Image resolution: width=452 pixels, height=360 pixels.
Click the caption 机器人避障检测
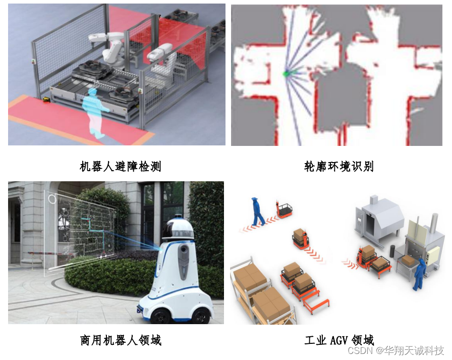click(120, 167)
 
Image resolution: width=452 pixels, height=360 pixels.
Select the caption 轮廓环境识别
click(338, 167)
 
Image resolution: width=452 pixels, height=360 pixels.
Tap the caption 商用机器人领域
click(121, 340)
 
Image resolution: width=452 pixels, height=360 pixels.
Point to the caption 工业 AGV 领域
click(339, 340)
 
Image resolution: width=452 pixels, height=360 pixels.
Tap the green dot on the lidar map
click(286, 74)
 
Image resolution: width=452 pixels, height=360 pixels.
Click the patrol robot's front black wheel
click(161, 316)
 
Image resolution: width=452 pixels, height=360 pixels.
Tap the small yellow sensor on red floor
click(46, 100)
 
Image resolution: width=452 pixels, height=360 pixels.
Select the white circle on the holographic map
click(52, 199)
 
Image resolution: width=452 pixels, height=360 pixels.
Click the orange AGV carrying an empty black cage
click(285, 209)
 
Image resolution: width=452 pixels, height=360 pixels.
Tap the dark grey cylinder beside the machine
click(392, 251)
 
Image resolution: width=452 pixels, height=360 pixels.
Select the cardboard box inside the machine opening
click(408, 261)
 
